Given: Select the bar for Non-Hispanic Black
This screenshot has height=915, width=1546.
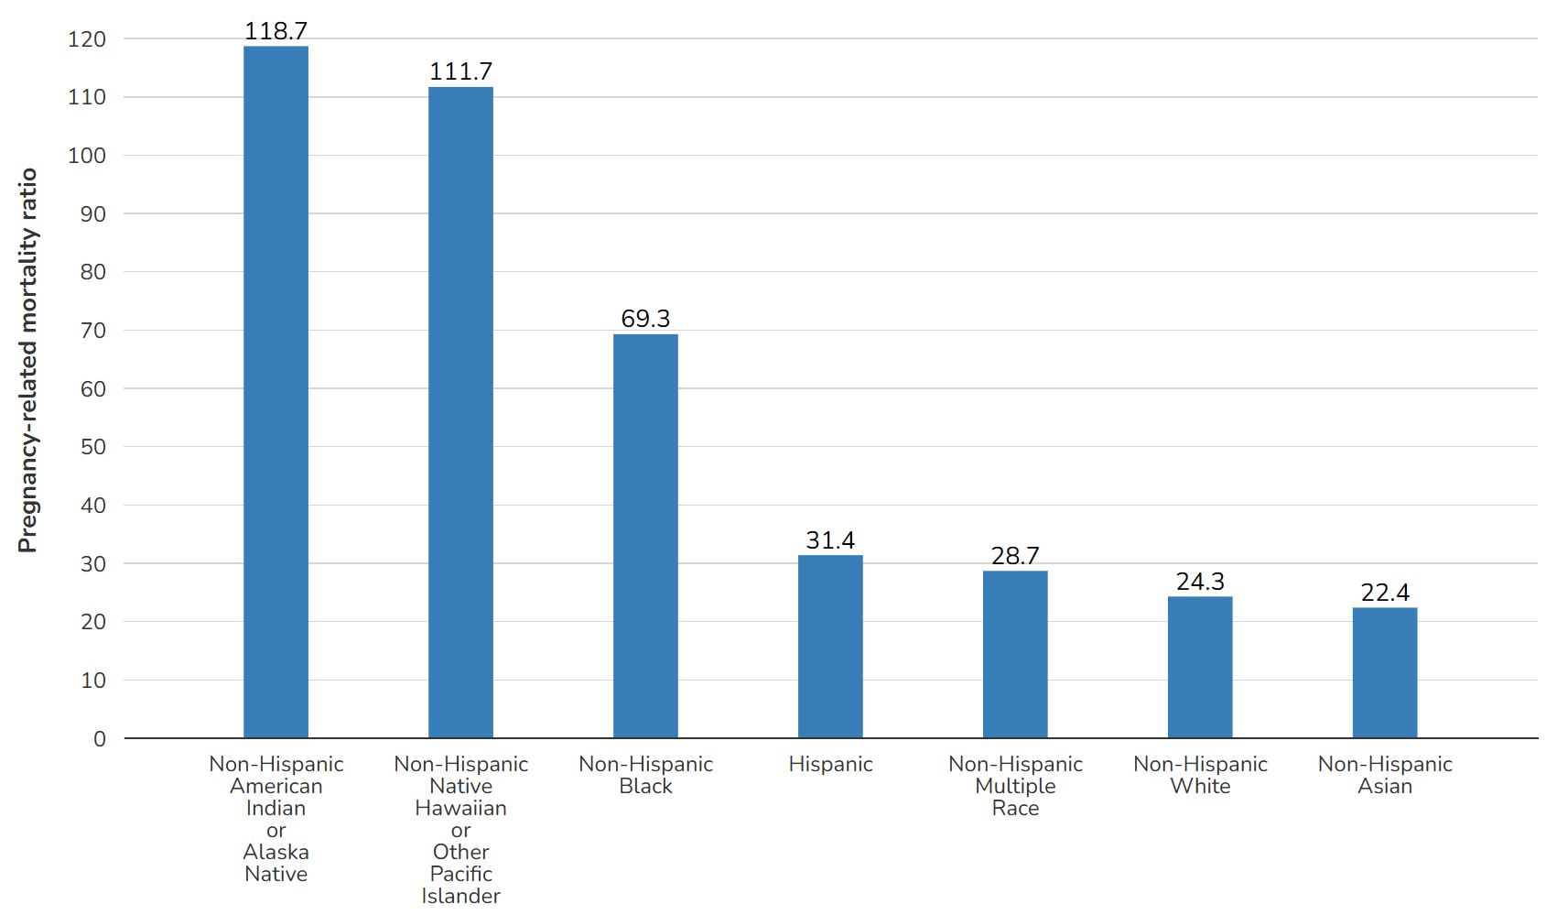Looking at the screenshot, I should pyautogui.click(x=645, y=536).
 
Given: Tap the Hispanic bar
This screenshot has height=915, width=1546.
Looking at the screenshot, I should pyautogui.click(x=830, y=647).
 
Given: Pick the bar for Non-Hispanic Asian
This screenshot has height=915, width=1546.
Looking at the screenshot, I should pyautogui.click(x=1384, y=672).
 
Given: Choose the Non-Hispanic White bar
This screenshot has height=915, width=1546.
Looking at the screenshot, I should pyautogui.click(x=1199, y=667).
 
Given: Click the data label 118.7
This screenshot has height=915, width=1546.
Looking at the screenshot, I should pyautogui.click(x=276, y=31).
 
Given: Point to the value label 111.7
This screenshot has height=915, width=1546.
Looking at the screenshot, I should pyautogui.click(x=460, y=71).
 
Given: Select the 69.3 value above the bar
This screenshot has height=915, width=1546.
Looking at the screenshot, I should pyautogui.click(x=645, y=319).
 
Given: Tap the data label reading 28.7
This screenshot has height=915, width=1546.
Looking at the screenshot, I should pyautogui.click(x=1015, y=556).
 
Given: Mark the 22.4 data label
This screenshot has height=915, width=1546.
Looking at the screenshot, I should pyautogui.click(x=1384, y=593).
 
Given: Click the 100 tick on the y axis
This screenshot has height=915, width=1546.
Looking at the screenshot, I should pyautogui.click(x=87, y=156).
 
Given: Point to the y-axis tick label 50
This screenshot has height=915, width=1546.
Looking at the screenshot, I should pyautogui.click(x=93, y=447).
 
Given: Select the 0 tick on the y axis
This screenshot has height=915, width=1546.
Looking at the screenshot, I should pyautogui.click(x=100, y=739).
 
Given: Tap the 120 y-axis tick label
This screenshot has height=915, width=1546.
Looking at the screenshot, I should pyautogui.click(x=87, y=39).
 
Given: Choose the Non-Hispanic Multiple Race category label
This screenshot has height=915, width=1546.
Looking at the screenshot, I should pyautogui.click(x=1015, y=786).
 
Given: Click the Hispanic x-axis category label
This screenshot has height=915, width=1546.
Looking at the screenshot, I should pyautogui.click(x=830, y=764).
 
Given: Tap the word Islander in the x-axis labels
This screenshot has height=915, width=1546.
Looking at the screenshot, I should pyautogui.click(x=460, y=896).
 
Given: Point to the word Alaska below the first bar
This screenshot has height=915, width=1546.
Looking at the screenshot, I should pyautogui.click(x=276, y=852).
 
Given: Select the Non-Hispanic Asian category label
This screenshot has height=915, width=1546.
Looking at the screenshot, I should pyautogui.click(x=1384, y=775).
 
